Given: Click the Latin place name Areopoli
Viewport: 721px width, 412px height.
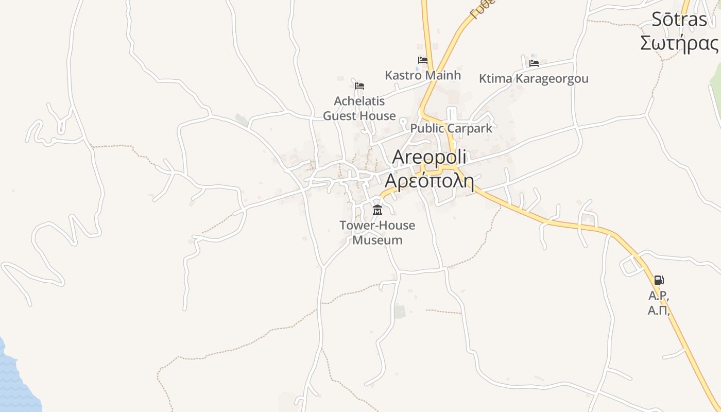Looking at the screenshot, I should (x=429, y=157).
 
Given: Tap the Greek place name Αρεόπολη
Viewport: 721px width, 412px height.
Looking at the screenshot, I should (x=429, y=181).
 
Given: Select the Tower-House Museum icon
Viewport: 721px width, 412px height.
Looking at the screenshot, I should (x=377, y=210).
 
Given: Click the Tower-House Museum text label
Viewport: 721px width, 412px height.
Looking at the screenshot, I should (x=377, y=232).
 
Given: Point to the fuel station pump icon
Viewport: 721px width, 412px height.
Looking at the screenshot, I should (x=659, y=280).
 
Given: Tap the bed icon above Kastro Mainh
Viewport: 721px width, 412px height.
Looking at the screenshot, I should (x=423, y=60).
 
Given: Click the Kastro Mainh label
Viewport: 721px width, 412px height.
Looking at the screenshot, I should (x=423, y=75).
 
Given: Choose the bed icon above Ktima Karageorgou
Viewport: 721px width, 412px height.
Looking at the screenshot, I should (x=534, y=63).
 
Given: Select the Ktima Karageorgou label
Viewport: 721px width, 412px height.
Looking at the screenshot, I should (x=534, y=79).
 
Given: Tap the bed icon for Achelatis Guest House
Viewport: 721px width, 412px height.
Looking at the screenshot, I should (x=359, y=85).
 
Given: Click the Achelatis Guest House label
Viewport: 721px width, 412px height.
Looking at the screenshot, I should (x=359, y=108).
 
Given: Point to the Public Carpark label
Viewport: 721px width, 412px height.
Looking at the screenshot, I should (x=451, y=128).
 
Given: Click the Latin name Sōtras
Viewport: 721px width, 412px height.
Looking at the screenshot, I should (x=679, y=20).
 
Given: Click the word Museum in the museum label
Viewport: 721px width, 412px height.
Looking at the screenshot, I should (x=377, y=240).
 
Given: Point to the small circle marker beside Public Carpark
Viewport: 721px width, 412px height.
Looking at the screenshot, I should (x=403, y=121).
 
